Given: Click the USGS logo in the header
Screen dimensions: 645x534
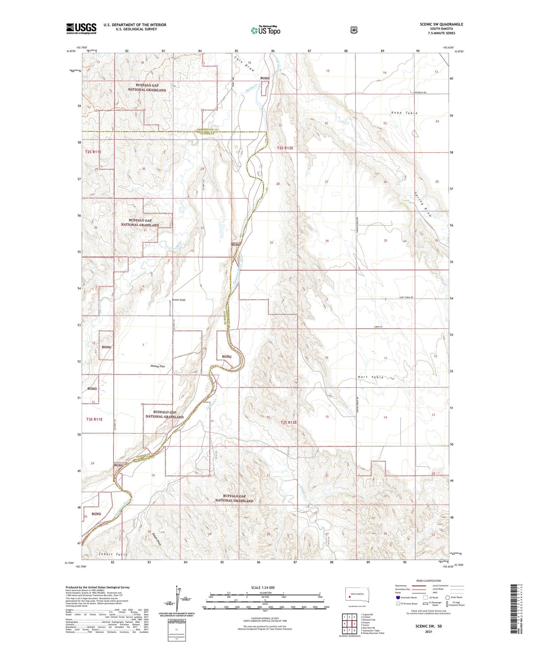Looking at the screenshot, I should (81, 28).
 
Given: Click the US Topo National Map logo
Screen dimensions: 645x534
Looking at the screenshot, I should (266, 30).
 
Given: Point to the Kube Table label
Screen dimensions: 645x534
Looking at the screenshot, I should (404, 113).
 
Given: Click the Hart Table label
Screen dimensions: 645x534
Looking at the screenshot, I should (371, 377).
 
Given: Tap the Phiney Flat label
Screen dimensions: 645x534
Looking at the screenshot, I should (157, 366).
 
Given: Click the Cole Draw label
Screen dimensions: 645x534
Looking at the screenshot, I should (244, 63).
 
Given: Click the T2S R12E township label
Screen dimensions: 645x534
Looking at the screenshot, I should (285, 148).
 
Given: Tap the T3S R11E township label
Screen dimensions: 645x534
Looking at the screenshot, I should (94, 419).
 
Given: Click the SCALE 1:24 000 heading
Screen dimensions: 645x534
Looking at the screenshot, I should (263, 587).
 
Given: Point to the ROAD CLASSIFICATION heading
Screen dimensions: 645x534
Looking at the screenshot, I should (429, 581).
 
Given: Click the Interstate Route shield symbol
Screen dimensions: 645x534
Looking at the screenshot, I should (398, 597).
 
